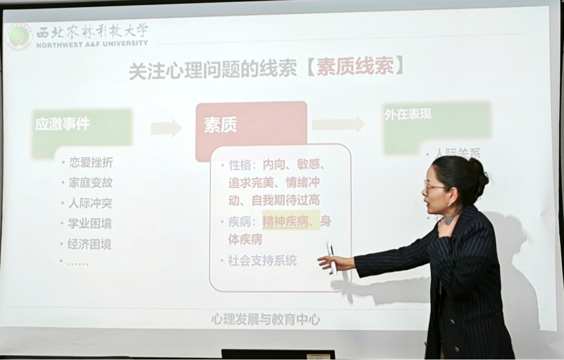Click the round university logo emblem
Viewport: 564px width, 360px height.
19,36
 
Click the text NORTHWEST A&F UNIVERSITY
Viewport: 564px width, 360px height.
92,43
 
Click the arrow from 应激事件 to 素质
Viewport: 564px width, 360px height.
166,127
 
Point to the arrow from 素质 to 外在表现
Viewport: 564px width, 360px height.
338,124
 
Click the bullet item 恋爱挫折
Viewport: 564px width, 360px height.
91,163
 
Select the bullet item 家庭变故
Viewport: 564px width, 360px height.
91,183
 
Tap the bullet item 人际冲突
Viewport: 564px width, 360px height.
91,203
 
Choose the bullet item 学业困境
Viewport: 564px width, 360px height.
91,224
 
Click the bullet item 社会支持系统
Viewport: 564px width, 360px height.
262,261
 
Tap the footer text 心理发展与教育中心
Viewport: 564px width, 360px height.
266,319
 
